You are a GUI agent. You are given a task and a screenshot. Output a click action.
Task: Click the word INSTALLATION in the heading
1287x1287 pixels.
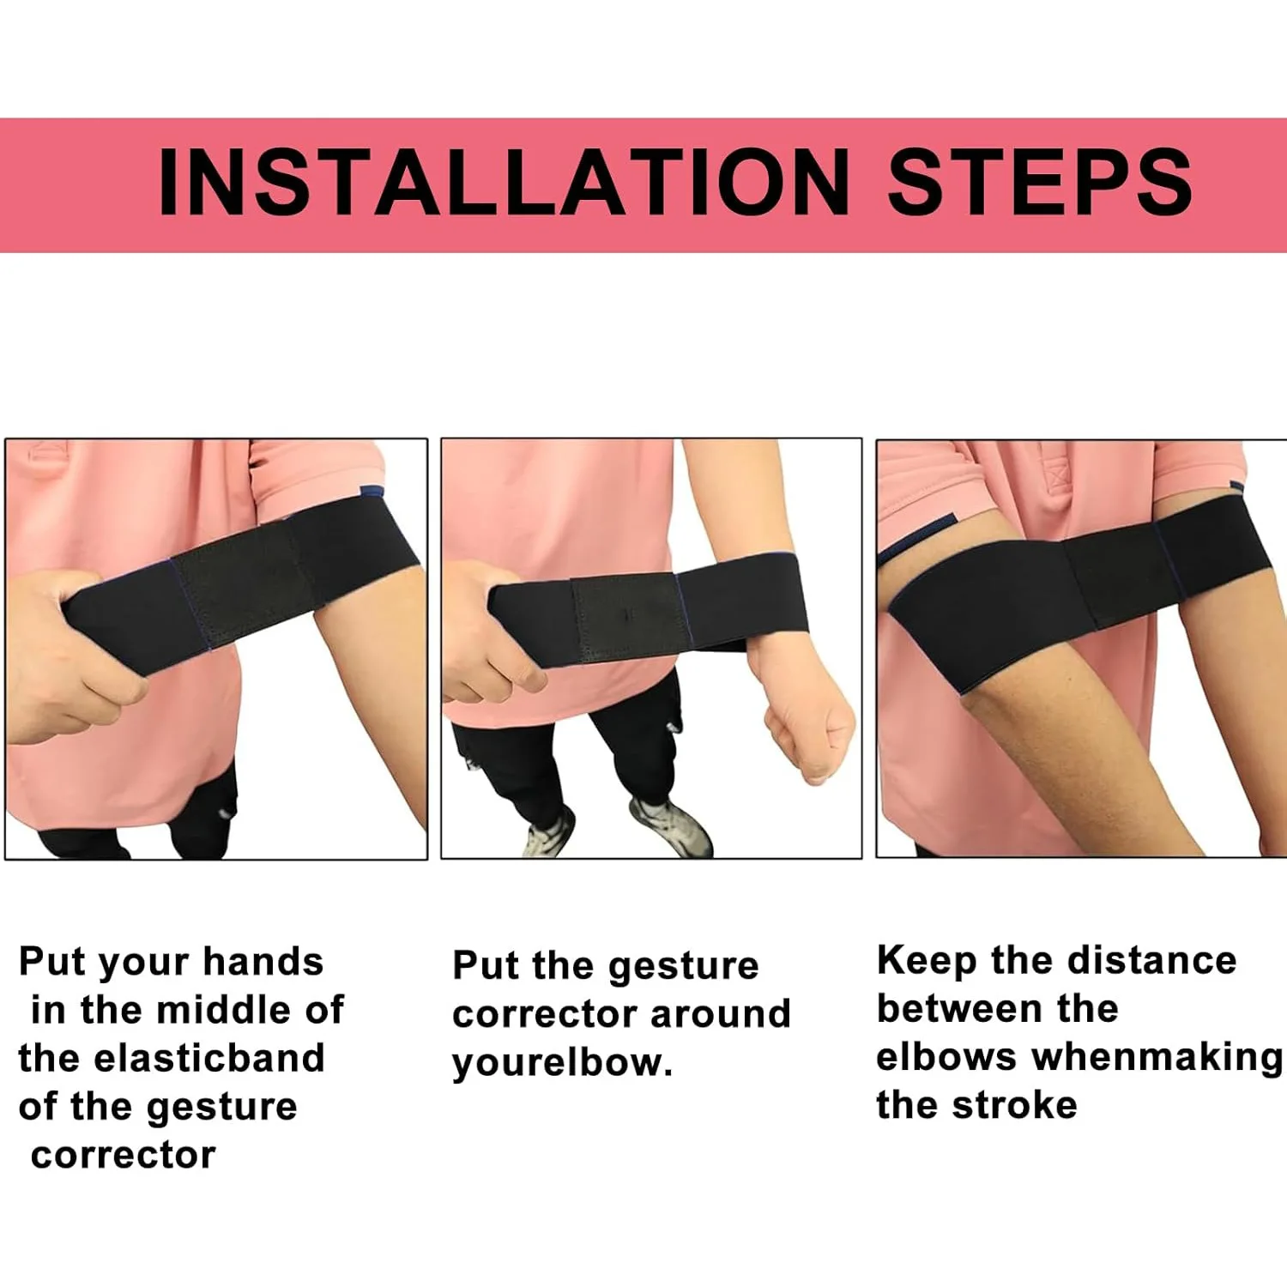pyautogui.click(x=504, y=183)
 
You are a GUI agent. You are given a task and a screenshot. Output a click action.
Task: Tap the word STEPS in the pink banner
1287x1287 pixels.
pyautogui.click(x=1039, y=183)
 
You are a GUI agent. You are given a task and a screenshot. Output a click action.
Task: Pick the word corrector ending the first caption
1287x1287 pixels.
pyautogui.click(x=123, y=1155)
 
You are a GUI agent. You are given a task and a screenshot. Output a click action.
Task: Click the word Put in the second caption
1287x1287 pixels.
pyautogui.click(x=486, y=965)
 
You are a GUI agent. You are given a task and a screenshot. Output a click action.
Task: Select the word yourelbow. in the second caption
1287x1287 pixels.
pyautogui.click(x=562, y=1063)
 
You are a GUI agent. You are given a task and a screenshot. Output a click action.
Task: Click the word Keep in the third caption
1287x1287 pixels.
pyautogui.click(x=926, y=961)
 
